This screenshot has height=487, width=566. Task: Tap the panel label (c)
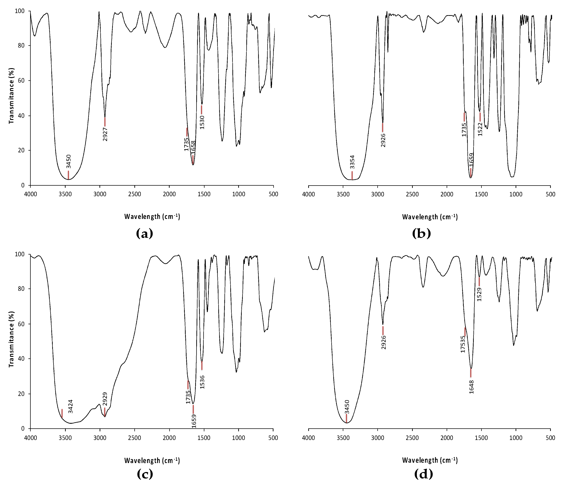click(x=145, y=474)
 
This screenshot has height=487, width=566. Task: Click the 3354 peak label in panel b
click(x=352, y=162)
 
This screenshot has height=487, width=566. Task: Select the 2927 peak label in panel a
click(x=105, y=134)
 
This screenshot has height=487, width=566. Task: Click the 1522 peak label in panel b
click(x=480, y=129)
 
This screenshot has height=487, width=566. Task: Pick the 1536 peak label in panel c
click(x=202, y=382)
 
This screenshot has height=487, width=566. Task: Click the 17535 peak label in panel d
click(x=463, y=344)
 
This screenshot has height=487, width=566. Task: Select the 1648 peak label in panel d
click(x=471, y=387)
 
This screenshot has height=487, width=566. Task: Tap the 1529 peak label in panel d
click(x=479, y=294)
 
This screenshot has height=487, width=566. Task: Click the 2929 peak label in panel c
click(x=105, y=399)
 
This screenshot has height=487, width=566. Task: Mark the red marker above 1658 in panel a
click(x=193, y=160)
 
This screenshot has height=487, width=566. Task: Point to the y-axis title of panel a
click(x=11, y=95)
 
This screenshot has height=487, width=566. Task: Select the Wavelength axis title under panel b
click(x=430, y=217)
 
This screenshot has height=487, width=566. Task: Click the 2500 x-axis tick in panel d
click(x=412, y=438)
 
